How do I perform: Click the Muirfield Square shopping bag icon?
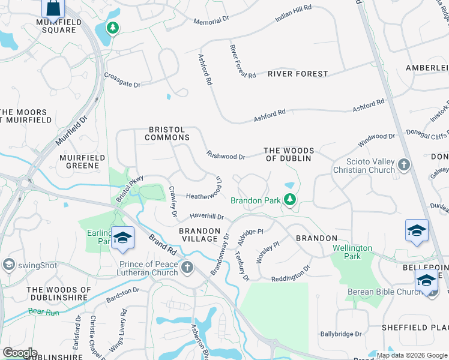[53, 8]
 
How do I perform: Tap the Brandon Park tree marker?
[290, 199]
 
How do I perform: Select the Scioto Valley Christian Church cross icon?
[403, 164]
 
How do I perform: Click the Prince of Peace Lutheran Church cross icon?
[187, 266]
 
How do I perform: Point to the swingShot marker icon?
[8, 264]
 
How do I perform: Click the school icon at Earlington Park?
[122, 238]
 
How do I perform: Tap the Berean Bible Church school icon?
[426, 280]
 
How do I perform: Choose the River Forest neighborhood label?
[298, 74]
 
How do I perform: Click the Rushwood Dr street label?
[226, 155]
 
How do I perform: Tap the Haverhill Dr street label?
[206, 216]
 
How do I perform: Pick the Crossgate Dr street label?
[122, 80]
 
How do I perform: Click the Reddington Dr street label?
[291, 273]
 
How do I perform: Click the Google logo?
[19, 353]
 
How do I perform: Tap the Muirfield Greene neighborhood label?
[79, 161]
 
